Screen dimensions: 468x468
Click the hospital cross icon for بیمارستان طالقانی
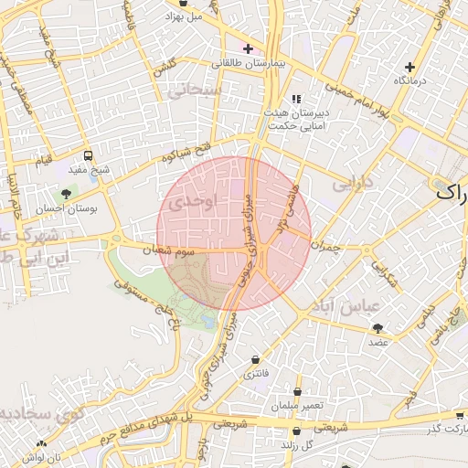coord(248,48)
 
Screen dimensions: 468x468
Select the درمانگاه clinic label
coord(409,81)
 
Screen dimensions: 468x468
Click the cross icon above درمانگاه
coord(409,67)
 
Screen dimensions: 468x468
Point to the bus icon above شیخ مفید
coord(88,155)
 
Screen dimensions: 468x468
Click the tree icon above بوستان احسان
coord(66,194)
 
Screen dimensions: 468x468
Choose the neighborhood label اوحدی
coord(192,200)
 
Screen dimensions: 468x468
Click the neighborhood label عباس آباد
coord(343,305)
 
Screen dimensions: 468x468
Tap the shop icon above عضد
coord(378,327)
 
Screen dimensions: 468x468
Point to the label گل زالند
coord(296,445)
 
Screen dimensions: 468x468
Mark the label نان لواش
coord(42,455)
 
